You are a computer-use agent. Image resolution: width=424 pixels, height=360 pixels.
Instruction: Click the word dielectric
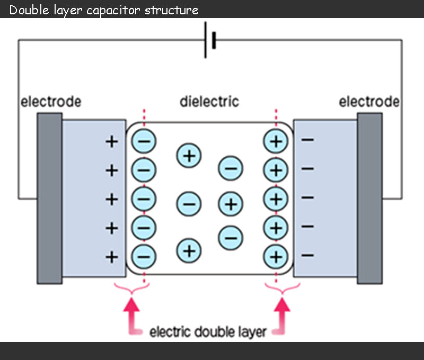click(209, 101)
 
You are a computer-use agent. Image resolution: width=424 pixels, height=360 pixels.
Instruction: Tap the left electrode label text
click(51, 101)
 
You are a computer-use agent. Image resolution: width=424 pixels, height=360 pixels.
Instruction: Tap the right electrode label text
click(369, 101)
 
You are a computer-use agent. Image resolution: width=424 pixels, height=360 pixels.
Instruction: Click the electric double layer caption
click(208, 332)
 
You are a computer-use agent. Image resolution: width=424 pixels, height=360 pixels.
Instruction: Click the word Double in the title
click(26, 10)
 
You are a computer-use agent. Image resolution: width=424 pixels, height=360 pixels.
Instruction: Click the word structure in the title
click(174, 10)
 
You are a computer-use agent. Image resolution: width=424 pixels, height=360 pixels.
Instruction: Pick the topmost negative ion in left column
click(144, 141)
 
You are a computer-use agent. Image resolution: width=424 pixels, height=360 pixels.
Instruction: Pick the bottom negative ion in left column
click(144, 256)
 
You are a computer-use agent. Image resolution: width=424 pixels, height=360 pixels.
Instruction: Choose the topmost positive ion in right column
click(276, 141)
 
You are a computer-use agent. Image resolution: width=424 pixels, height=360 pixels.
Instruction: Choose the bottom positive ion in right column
click(276, 256)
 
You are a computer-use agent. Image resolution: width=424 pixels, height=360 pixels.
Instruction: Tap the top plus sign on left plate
click(112, 142)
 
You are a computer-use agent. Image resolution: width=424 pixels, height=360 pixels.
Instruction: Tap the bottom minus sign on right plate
click(307, 256)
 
